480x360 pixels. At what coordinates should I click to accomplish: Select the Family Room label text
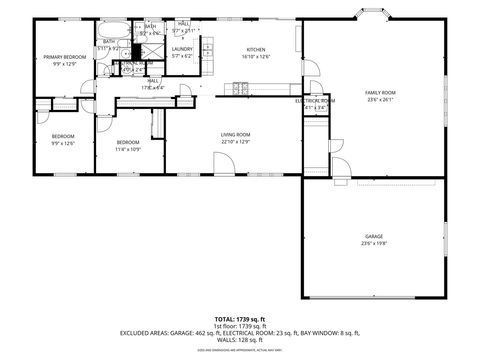(380, 92)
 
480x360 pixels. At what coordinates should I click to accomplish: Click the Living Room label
(236, 135)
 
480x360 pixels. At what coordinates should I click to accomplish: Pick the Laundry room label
(182, 49)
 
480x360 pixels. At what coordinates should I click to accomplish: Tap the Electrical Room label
(314, 101)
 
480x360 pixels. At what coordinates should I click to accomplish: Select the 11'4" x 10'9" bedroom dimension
(127, 149)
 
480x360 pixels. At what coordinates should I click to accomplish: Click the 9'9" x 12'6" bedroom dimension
(64, 142)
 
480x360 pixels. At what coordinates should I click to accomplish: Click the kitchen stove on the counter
(240, 89)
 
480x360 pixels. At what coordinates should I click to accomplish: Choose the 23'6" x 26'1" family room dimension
(380, 99)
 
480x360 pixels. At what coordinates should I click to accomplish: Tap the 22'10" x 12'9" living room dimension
(236, 142)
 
